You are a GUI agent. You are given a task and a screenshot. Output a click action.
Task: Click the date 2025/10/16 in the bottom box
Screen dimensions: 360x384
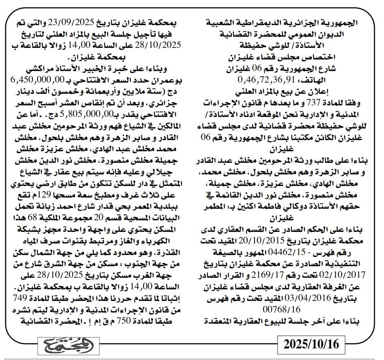click(x=311, y=344)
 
